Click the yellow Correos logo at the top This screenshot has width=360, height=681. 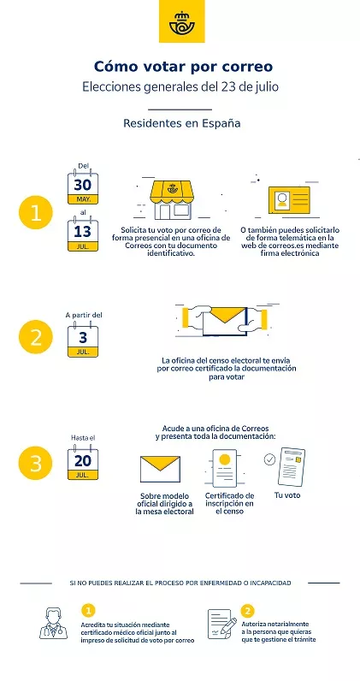[x=181, y=21]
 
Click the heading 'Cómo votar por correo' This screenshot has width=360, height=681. [x=184, y=66]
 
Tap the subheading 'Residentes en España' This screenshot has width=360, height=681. [x=181, y=123]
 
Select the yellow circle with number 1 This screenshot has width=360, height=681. [x=35, y=214]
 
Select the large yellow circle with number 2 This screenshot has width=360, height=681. [x=35, y=336]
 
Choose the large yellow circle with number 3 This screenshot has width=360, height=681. [x=35, y=463]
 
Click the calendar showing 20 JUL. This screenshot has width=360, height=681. [x=83, y=463]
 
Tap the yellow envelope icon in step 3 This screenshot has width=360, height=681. [x=161, y=470]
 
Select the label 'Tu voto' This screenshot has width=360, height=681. [x=287, y=495]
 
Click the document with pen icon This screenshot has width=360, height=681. [x=221, y=623]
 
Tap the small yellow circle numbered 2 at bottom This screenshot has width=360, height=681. [x=248, y=611]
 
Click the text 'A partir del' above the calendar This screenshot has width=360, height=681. [x=84, y=314]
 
